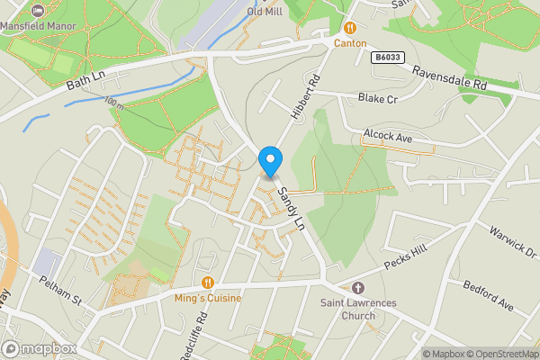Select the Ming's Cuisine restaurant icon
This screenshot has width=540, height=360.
pyautogui.click(x=208, y=283)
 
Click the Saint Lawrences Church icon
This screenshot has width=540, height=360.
pyautogui.click(x=357, y=288)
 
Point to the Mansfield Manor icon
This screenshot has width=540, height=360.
pyautogui.click(x=37, y=11)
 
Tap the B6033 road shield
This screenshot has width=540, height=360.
pyautogui.click(x=386, y=57)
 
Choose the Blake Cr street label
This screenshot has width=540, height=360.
pyautogui.click(x=377, y=98)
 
